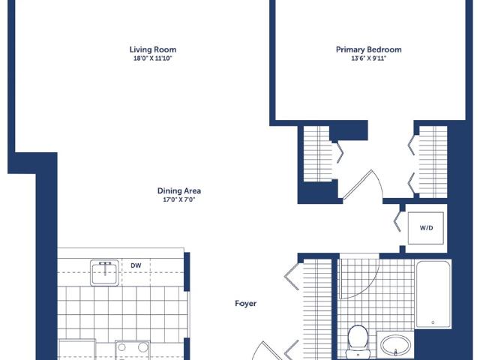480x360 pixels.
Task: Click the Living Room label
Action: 153,49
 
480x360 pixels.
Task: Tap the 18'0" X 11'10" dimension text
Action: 153,58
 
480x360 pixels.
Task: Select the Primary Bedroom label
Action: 369,49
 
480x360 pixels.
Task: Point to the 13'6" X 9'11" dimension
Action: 368,58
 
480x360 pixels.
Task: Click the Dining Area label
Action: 179,190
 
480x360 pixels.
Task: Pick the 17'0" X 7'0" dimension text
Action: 179,199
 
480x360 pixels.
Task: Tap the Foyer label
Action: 245,303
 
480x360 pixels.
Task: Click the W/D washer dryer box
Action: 426,228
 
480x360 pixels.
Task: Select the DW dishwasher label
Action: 136,265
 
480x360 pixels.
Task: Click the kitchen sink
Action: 105,273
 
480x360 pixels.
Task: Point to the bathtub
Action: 433,294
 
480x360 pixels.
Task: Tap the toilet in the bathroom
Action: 357,342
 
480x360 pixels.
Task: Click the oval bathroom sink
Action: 395,345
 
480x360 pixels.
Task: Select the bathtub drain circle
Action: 433,322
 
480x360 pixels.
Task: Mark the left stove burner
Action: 122,347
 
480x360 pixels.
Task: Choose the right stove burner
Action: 142,347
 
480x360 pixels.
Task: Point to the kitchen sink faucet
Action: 105,267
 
